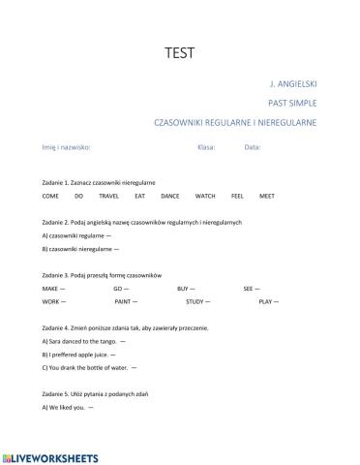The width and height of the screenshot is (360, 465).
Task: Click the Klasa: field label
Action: [x=205, y=147]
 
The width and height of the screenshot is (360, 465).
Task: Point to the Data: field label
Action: [x=253, y=147]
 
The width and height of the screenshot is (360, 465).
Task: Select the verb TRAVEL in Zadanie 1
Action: [x=109, y=196]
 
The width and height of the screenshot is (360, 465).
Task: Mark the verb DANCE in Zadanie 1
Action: [x=169, y=196]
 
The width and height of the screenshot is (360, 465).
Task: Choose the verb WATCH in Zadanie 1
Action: [x=205, y=196]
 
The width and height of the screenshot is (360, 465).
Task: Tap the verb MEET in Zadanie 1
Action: [x=266, y=196]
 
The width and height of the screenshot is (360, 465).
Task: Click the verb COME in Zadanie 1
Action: [x=50, y=196]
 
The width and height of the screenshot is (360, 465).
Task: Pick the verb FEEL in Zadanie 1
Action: [x=237, y=196]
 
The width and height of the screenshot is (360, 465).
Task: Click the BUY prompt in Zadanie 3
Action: [x=183, y=289]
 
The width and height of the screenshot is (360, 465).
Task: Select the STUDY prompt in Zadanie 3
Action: [x=187, y=302]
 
